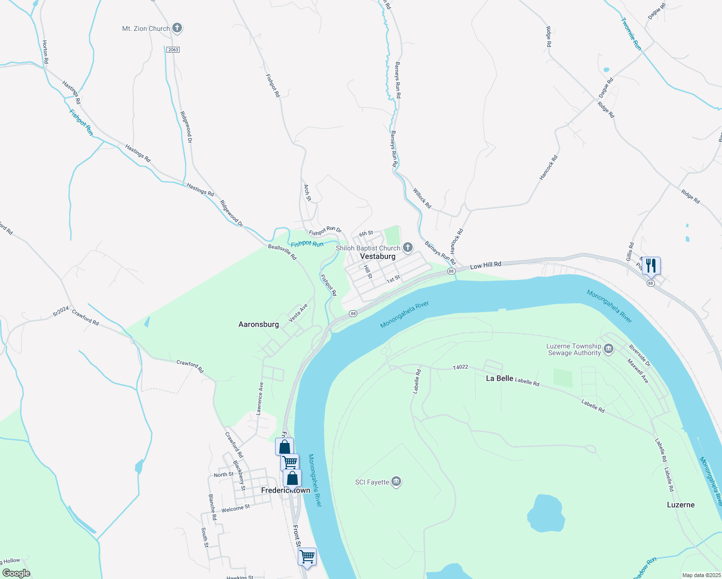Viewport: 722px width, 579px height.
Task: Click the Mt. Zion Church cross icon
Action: coord(177,28)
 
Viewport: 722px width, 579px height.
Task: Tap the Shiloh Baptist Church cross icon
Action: coord(408,248)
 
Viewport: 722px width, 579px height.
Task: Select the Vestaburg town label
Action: coord(378,257)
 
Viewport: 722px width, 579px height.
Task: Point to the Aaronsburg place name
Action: coord(259,324)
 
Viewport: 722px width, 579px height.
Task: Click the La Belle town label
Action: coord(499,378)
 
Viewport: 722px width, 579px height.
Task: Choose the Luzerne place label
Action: coord(680,505)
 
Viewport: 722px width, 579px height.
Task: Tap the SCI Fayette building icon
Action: coord(396,482)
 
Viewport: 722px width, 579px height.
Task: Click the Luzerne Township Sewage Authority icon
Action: coord(609,349)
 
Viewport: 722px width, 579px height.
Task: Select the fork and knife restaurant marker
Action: coord(651,265)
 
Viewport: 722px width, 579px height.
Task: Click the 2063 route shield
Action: coord(173,50)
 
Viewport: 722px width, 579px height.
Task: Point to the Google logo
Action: coord(16,573)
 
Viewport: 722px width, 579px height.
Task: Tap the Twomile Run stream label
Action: coord(631,34)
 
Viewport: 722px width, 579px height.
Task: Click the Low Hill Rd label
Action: coord(486,265)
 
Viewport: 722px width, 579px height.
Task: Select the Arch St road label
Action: coord(307,192)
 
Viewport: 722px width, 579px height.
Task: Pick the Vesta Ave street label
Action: coord(298,313)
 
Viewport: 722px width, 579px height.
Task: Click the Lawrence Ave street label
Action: coord(260,399)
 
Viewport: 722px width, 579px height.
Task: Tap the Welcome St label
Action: coord(236,509)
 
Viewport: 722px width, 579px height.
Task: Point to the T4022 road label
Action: coord(460,367)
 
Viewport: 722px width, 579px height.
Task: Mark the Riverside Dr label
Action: coord(639,356)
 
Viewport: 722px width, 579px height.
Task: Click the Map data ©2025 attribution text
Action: coord(701,575)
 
